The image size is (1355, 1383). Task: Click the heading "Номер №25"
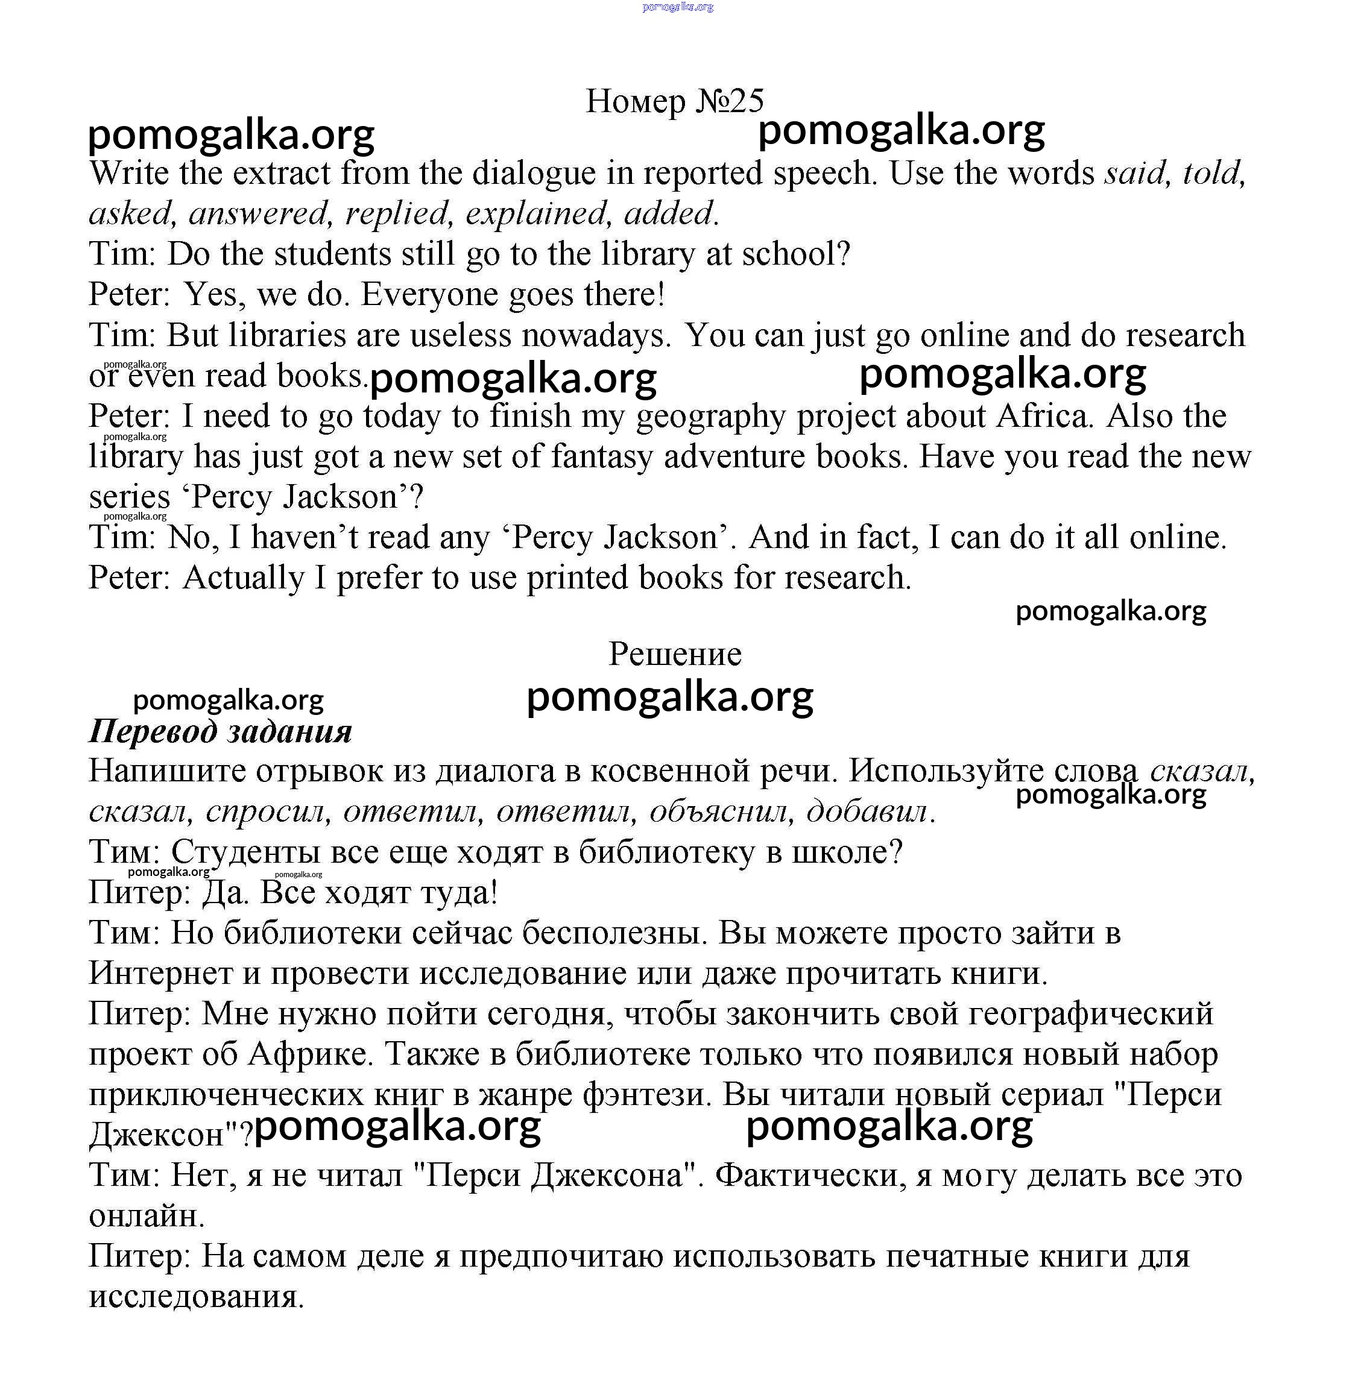pyautogui.click(x=674, y=101)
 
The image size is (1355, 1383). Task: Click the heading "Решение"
pyautogui.click(x=675, y=654)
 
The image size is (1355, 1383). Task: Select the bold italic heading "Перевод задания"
pyautogui.click(x=221, y=731)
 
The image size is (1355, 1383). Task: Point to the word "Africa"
pyautogui.click(x=1043, y=415)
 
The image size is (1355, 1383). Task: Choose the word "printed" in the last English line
pyautogui.click(x=578, y=578)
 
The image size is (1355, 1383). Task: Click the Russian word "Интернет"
pyautogui.click(x=161, y=973)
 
